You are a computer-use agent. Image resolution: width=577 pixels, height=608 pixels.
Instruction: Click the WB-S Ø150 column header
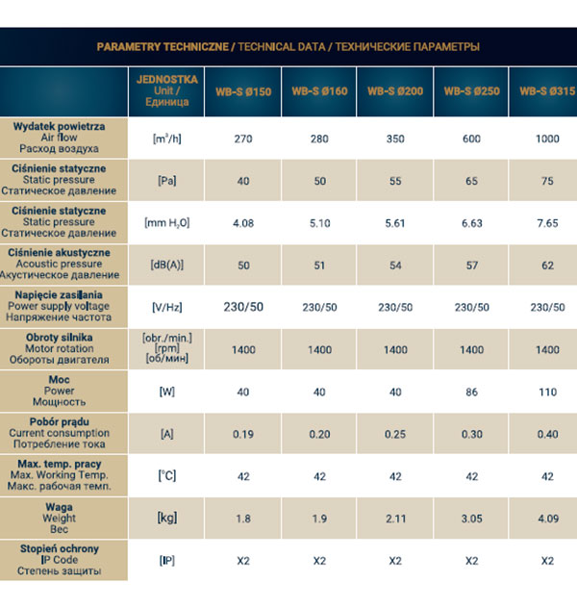pos(242,92)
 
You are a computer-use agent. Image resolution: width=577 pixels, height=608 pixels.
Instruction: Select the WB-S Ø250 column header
pos(471,92)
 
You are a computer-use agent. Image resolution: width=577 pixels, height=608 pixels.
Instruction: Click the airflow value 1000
pos(548,139)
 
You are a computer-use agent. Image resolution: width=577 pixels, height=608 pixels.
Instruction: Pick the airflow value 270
pos(242,139)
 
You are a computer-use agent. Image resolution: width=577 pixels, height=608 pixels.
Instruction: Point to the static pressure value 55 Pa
pos(395,181)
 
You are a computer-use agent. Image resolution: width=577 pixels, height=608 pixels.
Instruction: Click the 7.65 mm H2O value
pos(548,222)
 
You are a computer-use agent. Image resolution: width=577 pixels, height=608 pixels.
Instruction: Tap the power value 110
pos(548,392)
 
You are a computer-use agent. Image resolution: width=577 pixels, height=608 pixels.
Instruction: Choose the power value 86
pos(471,392)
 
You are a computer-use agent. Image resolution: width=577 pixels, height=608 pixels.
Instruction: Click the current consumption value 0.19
pos(242,434)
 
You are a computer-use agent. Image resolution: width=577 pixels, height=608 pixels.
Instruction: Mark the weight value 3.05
pos(471,519)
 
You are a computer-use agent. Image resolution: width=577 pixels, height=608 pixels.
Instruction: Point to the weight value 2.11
pos(395,519)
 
